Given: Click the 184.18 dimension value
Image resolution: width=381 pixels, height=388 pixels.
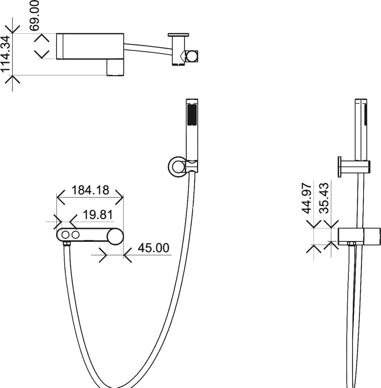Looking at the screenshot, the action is coord(90,190).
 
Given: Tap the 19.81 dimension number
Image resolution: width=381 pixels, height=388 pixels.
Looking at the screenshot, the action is coord(98,215).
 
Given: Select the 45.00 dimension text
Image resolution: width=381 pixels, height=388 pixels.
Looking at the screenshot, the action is coord(153,248).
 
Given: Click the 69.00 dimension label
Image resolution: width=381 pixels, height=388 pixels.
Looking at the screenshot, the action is coord(34,16).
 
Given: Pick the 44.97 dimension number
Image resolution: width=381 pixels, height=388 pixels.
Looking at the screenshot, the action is coord(307,198).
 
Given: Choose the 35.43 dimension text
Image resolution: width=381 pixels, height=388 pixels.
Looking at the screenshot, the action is coord(324,198).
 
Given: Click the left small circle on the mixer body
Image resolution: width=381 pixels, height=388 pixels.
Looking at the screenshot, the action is coord(66,235).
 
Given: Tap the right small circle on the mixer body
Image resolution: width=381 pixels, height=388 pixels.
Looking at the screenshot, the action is coord(76,235).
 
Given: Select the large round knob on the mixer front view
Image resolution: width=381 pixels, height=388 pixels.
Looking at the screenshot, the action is coord(115,236).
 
